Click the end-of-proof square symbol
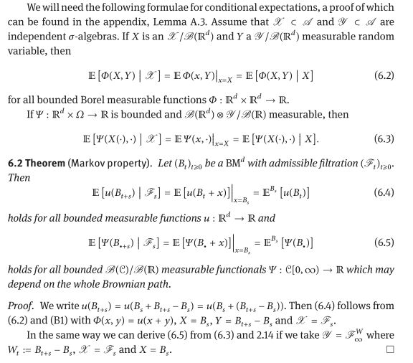click(x=390, y=349)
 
